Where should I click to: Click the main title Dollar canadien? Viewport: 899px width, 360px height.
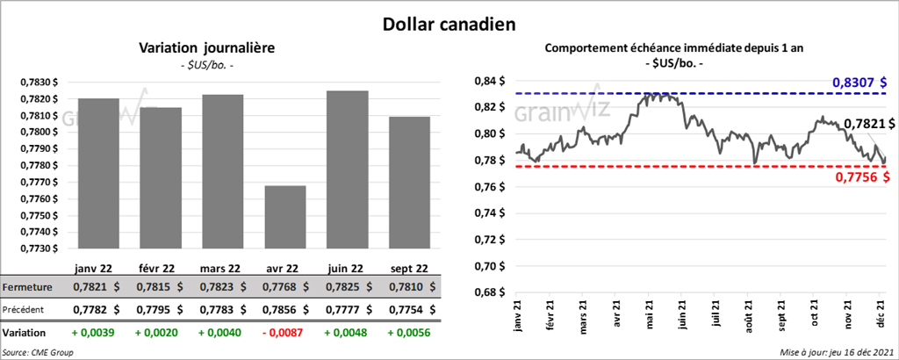tap(449, 22)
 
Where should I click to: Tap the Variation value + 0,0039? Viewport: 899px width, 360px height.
tap(91, 334)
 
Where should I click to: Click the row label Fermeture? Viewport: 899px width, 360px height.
tap(27, 287)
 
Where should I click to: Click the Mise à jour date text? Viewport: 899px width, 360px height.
tap(833, 352)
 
